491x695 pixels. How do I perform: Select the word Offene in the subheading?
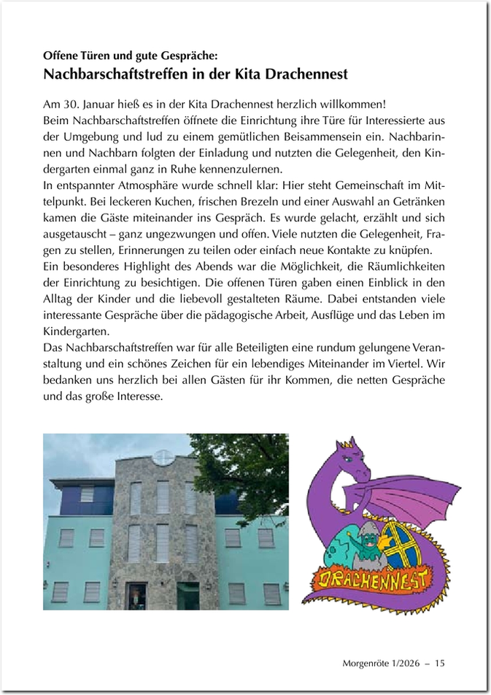click(x=61, y=55)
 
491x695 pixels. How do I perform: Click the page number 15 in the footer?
click(x=440, y=663)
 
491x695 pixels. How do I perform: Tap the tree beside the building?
click(x=244, y=467)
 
